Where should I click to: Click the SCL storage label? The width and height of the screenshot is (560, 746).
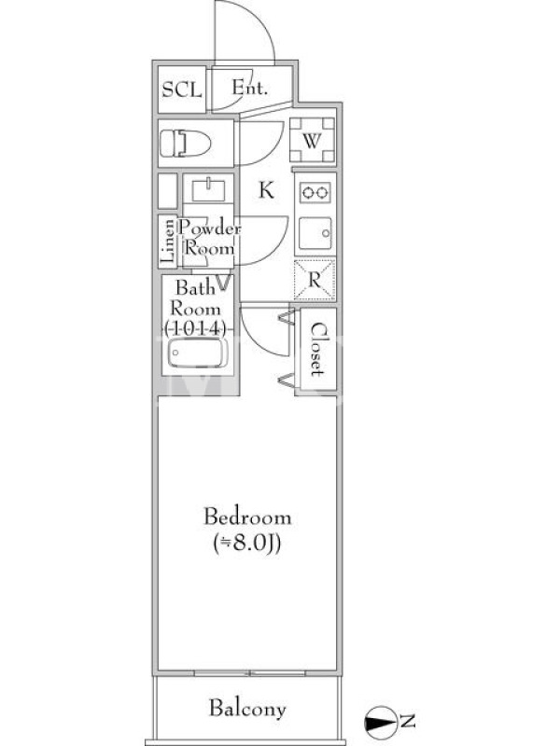click(181, 90)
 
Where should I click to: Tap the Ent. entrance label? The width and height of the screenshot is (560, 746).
click(249, 88)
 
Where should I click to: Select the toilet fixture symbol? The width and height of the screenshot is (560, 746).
click(185, 144)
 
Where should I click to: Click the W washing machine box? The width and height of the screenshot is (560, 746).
click(312, 141)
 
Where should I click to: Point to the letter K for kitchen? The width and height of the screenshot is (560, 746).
click(266, 190)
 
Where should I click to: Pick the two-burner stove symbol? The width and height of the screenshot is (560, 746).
click(315, 192)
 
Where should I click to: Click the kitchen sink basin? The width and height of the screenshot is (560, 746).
click(315, 233)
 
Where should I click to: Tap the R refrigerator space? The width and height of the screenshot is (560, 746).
click(315, 280)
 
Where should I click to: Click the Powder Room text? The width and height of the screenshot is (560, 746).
click(209, 239)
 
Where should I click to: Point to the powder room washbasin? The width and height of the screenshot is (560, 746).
click(208, 190)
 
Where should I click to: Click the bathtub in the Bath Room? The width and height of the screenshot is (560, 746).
click(197, 352)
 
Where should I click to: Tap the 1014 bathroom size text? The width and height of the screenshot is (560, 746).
click(194, 328)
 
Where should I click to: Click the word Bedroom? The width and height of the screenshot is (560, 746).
click(247, 517)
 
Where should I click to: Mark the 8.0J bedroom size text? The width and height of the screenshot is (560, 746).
click(247, 543)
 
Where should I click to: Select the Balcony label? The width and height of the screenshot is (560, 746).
click(247, 710)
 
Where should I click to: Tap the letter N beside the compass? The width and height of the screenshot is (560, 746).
click(407, 721)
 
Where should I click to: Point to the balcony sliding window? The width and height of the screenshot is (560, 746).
click(249, 672)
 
